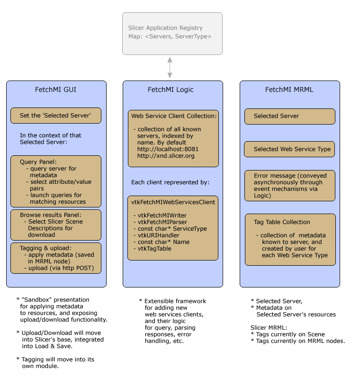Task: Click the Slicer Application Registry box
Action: tap(172, 33)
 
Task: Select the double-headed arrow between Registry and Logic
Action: tap(170, 67)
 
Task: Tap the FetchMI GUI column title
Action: tap(56, 90)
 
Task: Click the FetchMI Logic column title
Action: tap(171, 90)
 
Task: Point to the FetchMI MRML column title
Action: tap(289, 90)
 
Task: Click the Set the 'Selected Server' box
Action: tap(56, 116)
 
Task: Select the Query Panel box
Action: tap(56, 181)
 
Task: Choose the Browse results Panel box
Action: tap(56, 224)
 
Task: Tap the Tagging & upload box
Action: tap(56, 258)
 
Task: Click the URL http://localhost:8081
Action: tap(168, 149)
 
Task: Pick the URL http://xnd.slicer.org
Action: tap(166, 156)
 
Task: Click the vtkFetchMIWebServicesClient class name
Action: tap(173, 202)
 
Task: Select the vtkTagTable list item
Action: tap(154, 249)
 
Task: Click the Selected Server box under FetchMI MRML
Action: tap(289, 116)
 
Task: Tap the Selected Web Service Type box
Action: tap(289, 149)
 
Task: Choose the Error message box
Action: tap(289, 185)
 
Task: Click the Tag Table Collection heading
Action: tap(282, 222)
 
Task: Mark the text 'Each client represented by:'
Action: tap(170, 182)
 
